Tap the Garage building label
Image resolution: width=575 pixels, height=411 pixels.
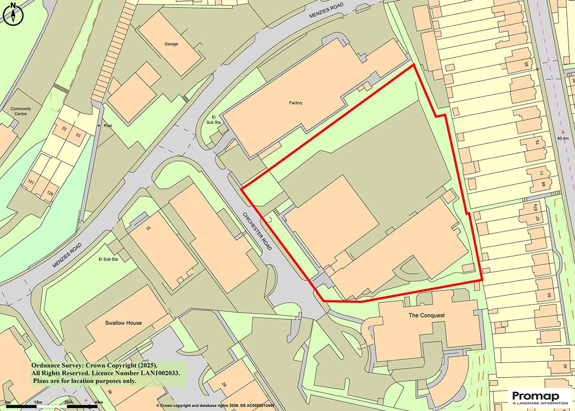(x=171, y=44)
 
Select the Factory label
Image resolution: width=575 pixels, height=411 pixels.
(x=296, y=103)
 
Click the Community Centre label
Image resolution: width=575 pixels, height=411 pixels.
(x=21, y=111)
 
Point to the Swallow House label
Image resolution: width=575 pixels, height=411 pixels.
(x=123, y=323)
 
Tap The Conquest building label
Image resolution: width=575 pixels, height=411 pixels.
(x=426, y=315)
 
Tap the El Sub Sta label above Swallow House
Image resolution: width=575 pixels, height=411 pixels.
(x=107, y=259)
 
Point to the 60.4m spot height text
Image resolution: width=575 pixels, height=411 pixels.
(x=565, y=139)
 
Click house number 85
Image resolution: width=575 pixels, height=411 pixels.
(x=527, y=64)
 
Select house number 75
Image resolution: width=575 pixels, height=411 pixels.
(x=537, y=142)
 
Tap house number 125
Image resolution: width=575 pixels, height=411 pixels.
(x=49, y=194)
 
